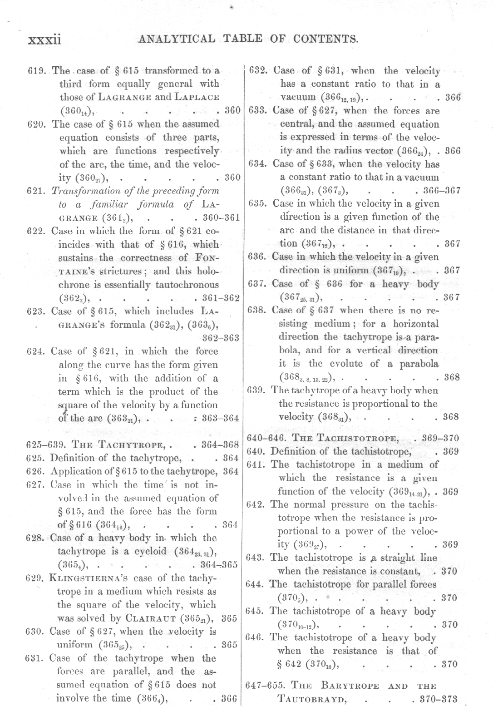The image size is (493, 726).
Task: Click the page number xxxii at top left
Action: click(x=44, y=40)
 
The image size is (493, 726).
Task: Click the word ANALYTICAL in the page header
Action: click(x=177, y=39)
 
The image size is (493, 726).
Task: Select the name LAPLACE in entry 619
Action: click(x=198, y=97)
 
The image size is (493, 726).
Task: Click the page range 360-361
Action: click(x=221, y=217)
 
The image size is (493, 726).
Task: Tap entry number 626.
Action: click(x=35, y=471)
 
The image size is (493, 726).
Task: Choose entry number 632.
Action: click(x=258, y=71)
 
